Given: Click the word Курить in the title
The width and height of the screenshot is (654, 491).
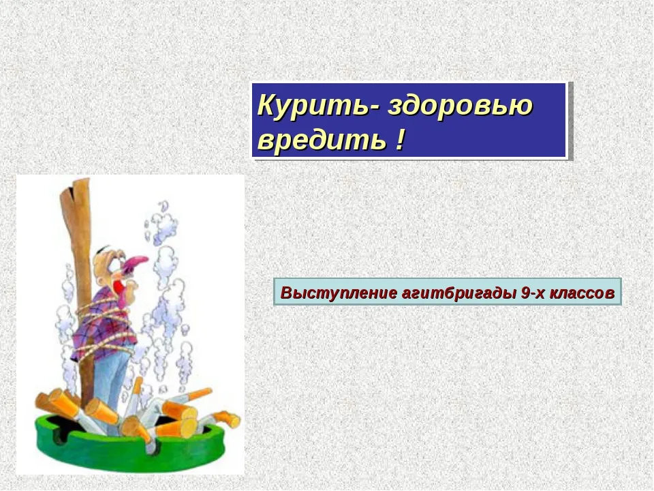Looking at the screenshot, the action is [x=313, y=106].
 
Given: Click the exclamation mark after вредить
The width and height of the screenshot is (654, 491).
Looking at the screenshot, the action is [x=400, y=139].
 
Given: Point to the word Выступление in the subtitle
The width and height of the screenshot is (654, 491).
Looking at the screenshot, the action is [x=339, y=293].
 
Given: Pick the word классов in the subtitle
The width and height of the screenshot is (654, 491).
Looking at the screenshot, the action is [x=582, y=293].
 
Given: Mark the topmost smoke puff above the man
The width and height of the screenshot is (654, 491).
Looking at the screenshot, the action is [x=163, y=206].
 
